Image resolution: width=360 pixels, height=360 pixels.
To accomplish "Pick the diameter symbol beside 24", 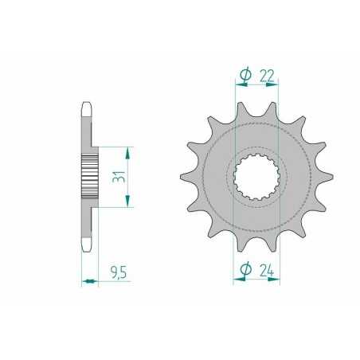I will [245, 270].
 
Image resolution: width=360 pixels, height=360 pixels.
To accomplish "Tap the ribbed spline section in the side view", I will [88, 176].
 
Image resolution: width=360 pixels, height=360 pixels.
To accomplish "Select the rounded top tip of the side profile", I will [87, 106].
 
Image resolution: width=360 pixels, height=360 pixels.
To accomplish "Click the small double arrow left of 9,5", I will [88, 280].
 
